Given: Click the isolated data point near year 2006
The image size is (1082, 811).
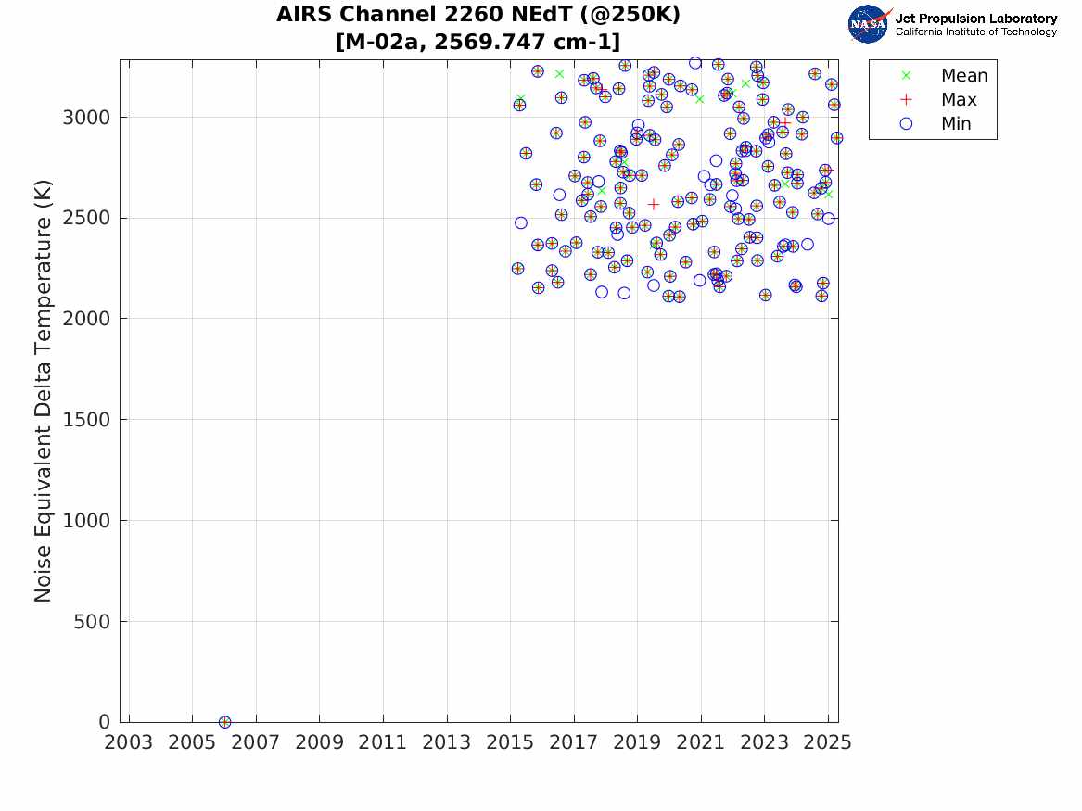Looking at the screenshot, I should (x=224, y=722).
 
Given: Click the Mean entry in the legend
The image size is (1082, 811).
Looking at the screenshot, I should (x=963, y=76).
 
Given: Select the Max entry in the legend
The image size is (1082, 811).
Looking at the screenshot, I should (x=959, y=100).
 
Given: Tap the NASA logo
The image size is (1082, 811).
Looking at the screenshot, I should (x=868, y=24).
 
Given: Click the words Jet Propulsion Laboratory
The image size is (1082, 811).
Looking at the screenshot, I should (x=975, y=19).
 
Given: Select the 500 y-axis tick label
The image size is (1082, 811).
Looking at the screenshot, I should (x=92, y=622).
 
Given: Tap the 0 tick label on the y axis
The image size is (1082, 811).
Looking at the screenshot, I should (x=105, y=722).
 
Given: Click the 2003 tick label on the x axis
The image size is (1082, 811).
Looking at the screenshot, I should (x=129, y=742).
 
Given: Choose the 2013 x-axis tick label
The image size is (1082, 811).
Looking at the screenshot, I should (x=447, y=742).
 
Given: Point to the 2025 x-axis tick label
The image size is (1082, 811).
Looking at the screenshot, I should (x=828, y=742).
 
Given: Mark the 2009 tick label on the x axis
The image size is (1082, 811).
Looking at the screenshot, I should (x=320, y=742).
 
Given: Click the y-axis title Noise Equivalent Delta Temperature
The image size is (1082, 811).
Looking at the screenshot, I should (x=43, y=390).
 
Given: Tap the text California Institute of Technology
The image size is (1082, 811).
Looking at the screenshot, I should (x=975, y=32).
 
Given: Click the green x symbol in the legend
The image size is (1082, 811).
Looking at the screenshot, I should (x=906, y=76).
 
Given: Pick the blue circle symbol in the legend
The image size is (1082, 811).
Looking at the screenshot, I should (x=906, y=124).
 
